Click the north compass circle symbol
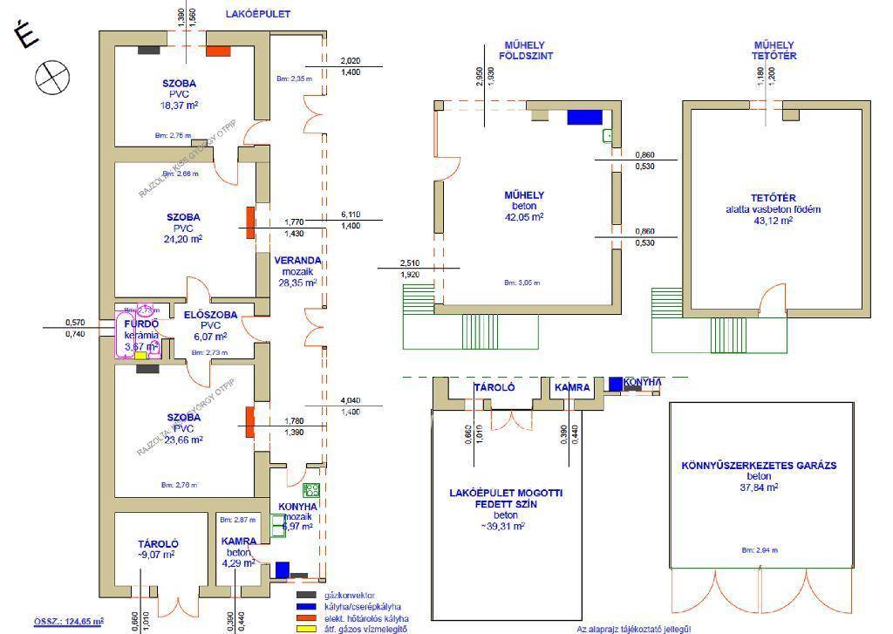51,76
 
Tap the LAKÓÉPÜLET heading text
257,15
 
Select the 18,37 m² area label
178,106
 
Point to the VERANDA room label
297,260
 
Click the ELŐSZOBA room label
205,314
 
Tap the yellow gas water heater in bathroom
140,356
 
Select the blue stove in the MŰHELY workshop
579,117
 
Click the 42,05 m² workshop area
524,217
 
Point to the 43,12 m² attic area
762,222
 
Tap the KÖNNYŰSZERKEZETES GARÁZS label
758,466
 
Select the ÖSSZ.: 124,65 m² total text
69,621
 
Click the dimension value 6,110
350,215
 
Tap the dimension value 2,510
410,263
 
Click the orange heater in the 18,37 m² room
217,51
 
